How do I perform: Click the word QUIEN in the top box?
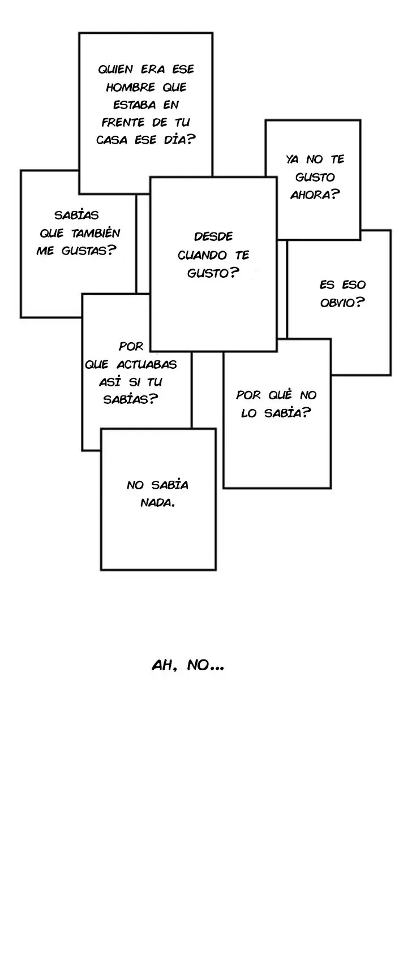pos(115,70)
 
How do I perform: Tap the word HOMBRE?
pos(131,87)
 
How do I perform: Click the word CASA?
pos(111,140)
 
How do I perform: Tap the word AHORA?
pos(315,195)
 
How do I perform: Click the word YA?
pos(293,160)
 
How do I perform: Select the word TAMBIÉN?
pos(96,232)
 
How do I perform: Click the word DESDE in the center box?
pos(213,236)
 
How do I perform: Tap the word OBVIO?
pos(342,302)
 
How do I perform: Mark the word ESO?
pos(354,285)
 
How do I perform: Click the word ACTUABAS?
pos(147,364)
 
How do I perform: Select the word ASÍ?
pos(110,381)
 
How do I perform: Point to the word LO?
pos(249,413)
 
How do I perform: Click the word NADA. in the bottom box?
pos(157,502)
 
